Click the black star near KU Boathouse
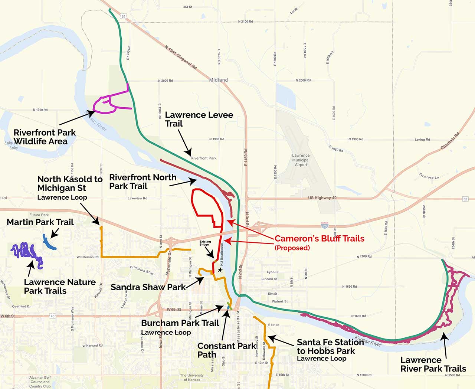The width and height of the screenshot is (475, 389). coord(220,270)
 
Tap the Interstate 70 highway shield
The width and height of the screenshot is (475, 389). coord(325,225)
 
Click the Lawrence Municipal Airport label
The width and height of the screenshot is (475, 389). coord(301,160)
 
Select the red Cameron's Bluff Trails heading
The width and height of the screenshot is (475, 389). coord(319,239)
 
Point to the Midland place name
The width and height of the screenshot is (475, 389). coord(219,80)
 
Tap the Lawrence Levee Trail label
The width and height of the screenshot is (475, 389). coord(199,119)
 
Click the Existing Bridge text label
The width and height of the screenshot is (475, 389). coord(205,243)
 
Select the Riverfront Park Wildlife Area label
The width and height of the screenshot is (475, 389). coord(44,137)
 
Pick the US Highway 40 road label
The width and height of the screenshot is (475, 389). coord(322,198)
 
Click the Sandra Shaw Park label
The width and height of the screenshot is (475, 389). coord(148,287)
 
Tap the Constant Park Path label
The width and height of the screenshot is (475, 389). coord(226,350)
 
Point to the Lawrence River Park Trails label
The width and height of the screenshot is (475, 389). coord(433,364)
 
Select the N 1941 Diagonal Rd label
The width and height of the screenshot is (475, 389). coord(181,58)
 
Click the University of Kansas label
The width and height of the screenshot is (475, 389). coord(192,377)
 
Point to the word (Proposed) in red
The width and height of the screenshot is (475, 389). coord(292,248)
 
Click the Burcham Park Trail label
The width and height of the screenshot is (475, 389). coord(180,323)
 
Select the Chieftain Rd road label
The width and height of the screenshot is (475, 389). coord(450,141)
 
